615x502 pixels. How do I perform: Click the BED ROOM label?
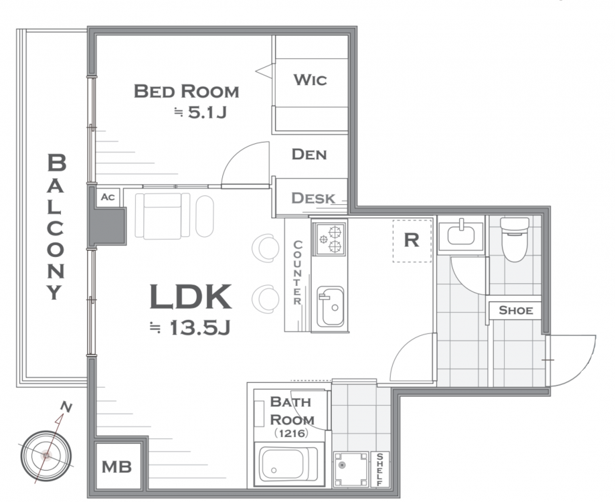(186, 92)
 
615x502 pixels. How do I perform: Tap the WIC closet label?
(310, 80)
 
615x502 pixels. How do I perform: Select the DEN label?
(309, 154)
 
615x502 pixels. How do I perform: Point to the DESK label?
(313, 198)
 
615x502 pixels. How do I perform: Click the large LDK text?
(190, 297)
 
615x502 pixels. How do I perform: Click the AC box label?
(108, 197)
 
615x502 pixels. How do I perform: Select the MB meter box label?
(117, 467)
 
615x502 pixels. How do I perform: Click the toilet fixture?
(515, 239)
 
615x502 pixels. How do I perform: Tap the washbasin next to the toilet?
(461, 235)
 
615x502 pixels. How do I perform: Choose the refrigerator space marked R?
(412, 240)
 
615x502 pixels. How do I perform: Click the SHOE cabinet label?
(516, 311)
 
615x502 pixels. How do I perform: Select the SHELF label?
(379, 469)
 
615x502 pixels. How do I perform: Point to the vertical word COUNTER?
(297, 272)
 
